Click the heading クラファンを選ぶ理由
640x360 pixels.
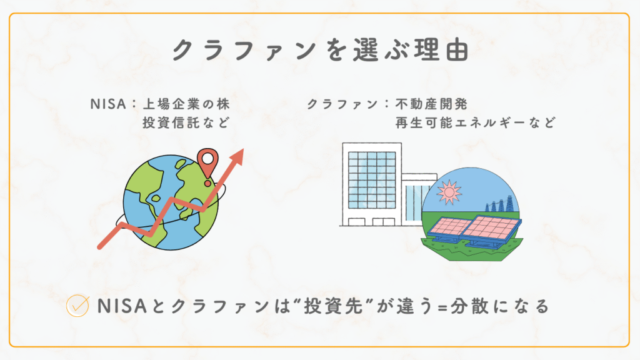321,51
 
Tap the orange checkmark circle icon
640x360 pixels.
77,306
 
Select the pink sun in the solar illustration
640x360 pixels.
449,192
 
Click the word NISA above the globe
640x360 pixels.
108,104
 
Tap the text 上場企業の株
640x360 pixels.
186,104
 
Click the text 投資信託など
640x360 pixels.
186,122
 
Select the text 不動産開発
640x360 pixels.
431,104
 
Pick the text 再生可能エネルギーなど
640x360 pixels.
476,122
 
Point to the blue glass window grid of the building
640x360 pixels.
372,180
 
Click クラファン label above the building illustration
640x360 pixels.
342,104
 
